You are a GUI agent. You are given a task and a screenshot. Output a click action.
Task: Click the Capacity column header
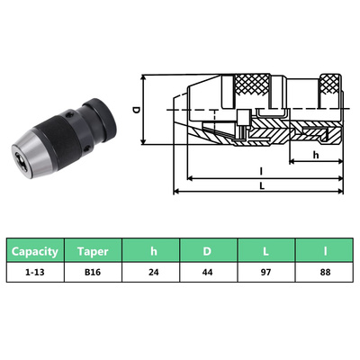36,252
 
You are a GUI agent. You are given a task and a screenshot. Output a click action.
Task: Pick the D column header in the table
209,252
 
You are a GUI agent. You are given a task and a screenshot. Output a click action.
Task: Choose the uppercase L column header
266,252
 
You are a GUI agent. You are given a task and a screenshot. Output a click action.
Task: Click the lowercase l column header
323,252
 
